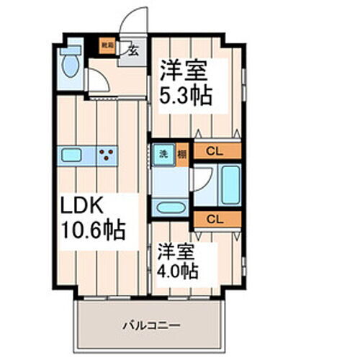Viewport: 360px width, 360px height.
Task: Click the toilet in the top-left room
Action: tap(71, 66)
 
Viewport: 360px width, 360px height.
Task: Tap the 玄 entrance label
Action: tap(135, 50)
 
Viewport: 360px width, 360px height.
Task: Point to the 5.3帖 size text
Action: tap(184, 96)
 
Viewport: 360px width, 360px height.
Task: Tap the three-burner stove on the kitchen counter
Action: tap(107, 153)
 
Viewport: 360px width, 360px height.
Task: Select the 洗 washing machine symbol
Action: tap(163, 153)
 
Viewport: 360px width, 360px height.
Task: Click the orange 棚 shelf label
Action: tap(182, 153)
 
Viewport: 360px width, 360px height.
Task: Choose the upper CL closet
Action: tap(214, 151)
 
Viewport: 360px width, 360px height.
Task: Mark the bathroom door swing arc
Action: tap(202, 176)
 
